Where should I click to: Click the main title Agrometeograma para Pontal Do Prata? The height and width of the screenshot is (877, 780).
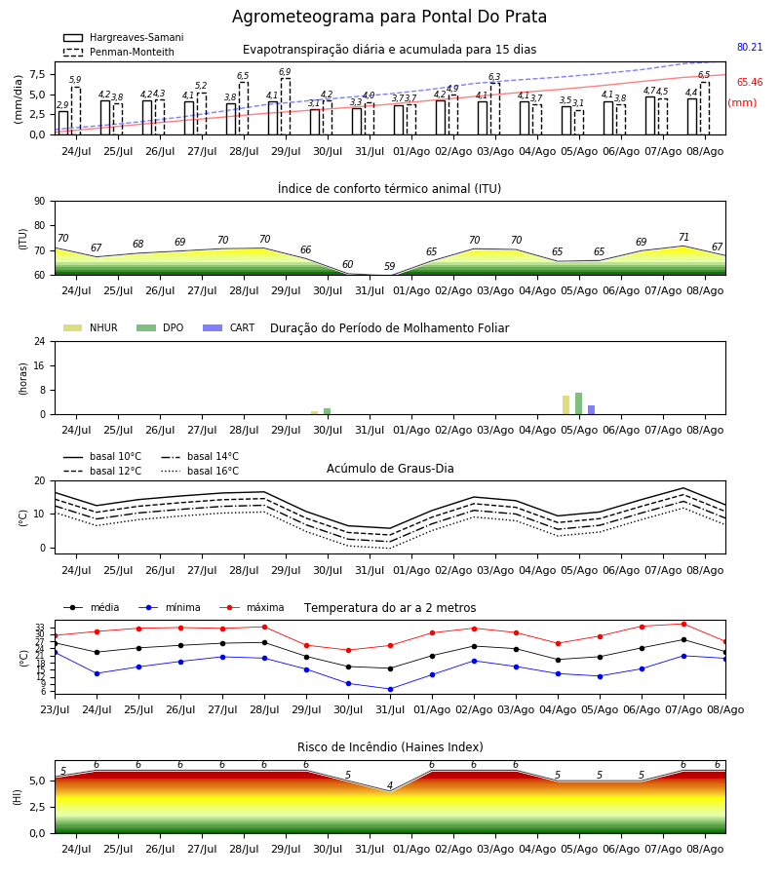pos(389,17)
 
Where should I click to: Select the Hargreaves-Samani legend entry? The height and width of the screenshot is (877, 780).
pos(124,37)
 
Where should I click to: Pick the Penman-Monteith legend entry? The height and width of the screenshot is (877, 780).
pos(119,52)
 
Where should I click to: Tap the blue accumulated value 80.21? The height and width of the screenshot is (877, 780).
pos(750,47)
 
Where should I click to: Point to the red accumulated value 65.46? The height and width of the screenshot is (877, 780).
pos(750,82)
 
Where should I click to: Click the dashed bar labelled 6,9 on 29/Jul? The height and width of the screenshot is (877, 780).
pos(286,106)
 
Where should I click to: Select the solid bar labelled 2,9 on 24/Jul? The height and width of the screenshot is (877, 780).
pos(63,123)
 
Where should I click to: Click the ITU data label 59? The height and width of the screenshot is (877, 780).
pos(389,266)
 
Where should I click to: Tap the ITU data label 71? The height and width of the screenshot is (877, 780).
pos(683,237)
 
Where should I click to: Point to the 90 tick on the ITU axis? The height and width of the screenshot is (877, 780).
pos(40,202)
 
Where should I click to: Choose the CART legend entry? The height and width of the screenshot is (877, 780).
pos(228,327)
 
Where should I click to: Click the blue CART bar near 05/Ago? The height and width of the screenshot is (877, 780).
pos(592,410)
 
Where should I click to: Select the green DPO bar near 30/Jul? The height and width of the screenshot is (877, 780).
pos(328,411)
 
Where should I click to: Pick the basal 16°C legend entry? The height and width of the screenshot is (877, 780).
pos(200,471)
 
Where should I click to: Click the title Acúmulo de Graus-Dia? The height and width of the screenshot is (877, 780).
pos(390,469)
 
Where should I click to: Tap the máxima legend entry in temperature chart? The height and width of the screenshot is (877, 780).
pos(252,607)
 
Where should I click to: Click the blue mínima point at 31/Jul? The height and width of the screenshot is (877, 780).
pos(391,689)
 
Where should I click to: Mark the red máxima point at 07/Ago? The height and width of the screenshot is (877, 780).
pos(683,625)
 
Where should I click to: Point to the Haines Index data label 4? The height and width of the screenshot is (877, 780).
pos(390,785)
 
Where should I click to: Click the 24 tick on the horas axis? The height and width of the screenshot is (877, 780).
pos(40,341)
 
